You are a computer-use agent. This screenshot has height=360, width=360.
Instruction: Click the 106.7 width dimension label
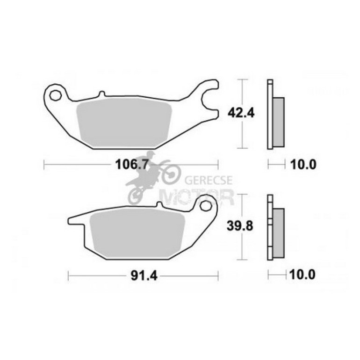[x=132, y=165]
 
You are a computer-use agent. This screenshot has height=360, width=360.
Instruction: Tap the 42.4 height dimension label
[x=241, y=113]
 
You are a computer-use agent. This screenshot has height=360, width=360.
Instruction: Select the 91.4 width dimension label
[x=144, y=275]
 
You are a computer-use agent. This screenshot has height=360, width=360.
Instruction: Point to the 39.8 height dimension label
[x=240, y=226]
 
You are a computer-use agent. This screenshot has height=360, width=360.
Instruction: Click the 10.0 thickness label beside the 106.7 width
[x=303, y=165]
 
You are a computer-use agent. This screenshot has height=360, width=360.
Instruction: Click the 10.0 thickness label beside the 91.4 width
[x=302, y=274]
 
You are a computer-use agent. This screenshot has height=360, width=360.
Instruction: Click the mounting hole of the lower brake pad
[x=205, y=206]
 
